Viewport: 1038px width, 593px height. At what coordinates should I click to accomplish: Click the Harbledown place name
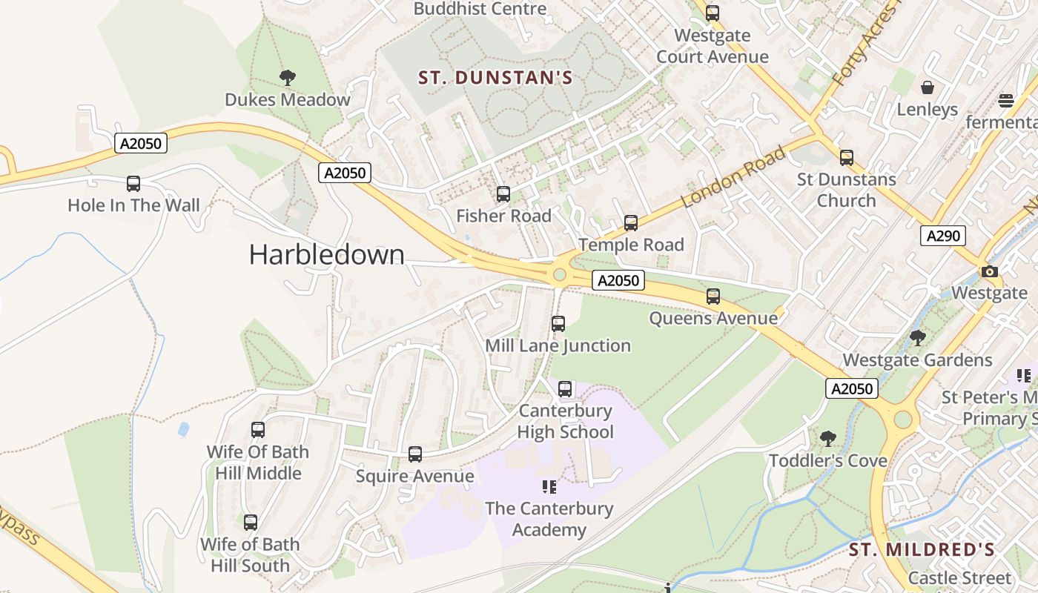click(326, 255)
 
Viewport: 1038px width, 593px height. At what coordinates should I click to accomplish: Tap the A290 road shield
click(943, 236)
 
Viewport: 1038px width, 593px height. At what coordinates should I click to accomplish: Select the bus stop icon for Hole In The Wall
click(133, 183)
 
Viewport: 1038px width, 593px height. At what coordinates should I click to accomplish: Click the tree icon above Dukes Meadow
click(288, 77)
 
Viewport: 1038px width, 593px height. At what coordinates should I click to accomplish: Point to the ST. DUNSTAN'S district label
click(495, 78)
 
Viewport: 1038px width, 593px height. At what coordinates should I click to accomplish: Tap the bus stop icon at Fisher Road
click(503, 194)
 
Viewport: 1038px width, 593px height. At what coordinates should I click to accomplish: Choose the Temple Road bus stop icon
click(631, 222)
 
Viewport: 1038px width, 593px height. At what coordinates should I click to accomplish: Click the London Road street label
click(733, 178)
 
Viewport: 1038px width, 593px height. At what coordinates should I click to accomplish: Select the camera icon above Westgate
click(989, 271)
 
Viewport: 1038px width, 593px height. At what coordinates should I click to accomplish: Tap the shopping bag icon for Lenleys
click(928, 87)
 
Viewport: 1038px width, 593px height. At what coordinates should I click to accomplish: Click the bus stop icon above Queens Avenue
click(713, 296)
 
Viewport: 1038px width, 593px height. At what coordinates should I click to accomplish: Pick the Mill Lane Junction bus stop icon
click(558, 323)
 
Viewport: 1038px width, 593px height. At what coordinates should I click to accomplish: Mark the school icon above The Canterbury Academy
click(549, 486)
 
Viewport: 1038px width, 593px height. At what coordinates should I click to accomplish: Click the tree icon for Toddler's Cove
click(828, 438)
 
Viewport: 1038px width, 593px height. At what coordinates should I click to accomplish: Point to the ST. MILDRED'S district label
click(921, 549)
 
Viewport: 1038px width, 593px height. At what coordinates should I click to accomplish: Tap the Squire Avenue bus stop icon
click(415, 454)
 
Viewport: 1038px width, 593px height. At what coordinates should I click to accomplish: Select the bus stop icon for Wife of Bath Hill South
click(251, 522)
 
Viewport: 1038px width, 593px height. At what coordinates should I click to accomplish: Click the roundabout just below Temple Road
click(560, 275)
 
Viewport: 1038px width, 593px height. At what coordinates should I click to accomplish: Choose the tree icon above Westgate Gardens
click(918, 338)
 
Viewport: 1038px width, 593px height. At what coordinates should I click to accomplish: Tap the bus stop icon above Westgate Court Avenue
click(713, 13)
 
